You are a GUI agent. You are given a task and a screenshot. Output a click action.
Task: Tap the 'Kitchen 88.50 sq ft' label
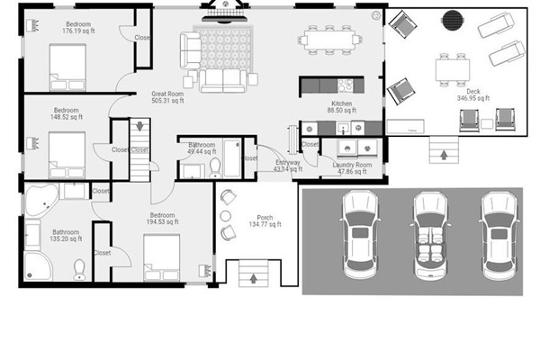click(x=343, y=108)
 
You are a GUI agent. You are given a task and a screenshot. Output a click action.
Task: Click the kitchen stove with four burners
click(x=344, y=85)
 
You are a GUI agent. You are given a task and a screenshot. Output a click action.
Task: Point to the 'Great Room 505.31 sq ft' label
click(x=168, y=97)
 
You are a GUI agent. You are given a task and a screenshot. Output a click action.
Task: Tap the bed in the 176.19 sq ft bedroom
click(x=67, y=67)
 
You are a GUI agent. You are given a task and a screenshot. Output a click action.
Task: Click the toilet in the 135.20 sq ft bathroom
click(x=79, y=268)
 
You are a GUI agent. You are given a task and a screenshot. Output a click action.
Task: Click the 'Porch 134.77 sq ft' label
click(x=265, y=221)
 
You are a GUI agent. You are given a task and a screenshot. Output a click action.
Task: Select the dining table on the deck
click(x=454, y=68)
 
